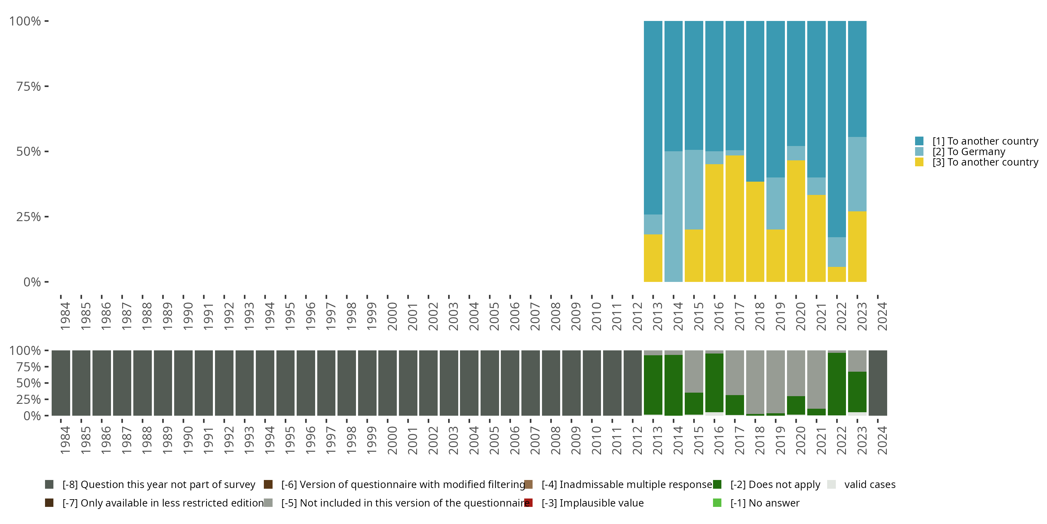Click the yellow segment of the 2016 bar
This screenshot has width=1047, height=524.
(x=714, y=223)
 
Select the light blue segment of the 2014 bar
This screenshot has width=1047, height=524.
(x=674, y=217)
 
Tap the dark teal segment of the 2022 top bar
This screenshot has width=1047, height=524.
(x=837, y=129)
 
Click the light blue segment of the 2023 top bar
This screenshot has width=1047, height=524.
(x=857, y=174)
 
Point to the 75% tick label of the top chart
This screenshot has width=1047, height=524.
(x=29, y=86)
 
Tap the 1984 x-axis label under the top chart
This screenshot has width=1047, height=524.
(x=65, y=316)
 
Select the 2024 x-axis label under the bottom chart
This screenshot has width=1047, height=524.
(x=882, y=441)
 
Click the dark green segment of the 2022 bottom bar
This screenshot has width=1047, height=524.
(x=837, y=384)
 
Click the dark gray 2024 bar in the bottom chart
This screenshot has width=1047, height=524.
(x=878, y=383)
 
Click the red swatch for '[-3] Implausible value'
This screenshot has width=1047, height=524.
(x=528, y=503)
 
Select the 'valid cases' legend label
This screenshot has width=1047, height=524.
(x=870, y=485)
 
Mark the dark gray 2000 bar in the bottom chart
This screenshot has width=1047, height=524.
(x=387, y=383)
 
